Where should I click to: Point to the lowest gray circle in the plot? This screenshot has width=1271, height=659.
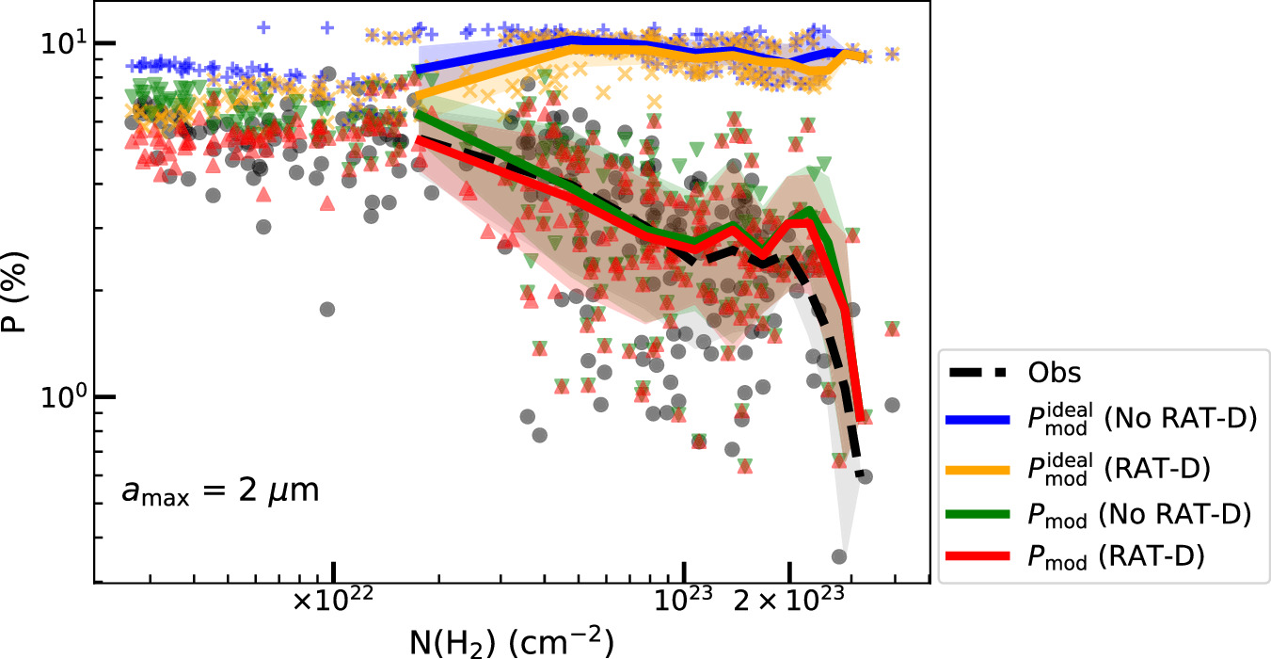pyautogui.click(x=840, y=556)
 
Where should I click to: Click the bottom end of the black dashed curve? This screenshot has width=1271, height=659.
pyautogui.click(x=858, y=475)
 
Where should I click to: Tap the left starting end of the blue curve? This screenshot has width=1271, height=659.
pyautogui.click(x=417, y=71)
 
